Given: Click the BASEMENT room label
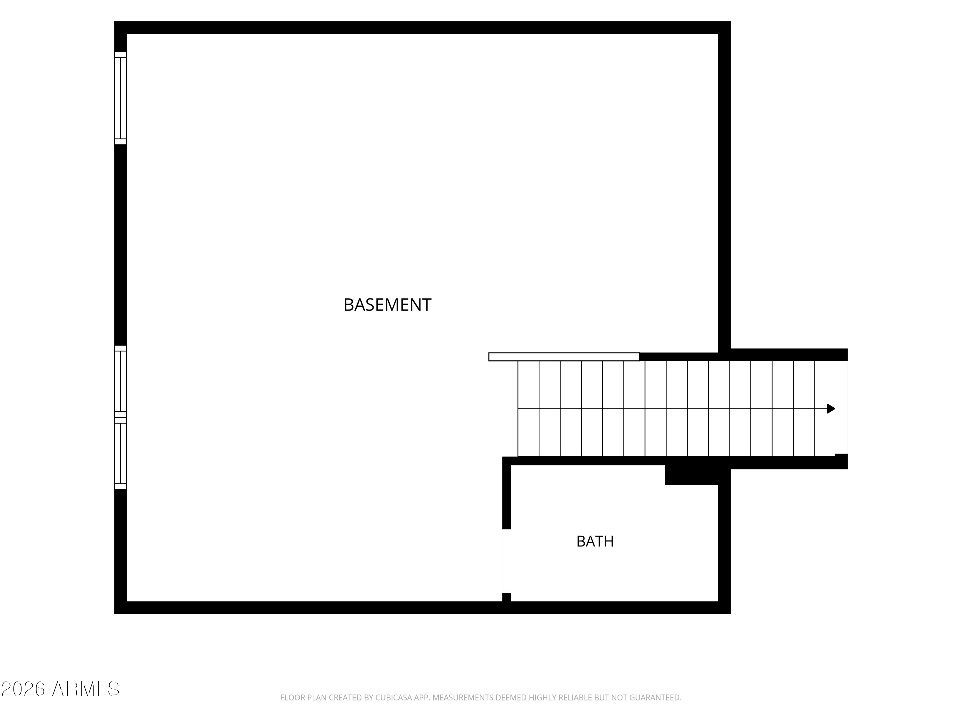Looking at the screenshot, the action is (x=387, y=305).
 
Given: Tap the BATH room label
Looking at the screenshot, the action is (x=595, y=541).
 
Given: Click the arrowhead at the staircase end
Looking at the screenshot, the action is (x=831, y=409).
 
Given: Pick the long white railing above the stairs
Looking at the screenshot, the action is (x=564, y=357).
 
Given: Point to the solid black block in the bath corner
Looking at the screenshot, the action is (x=691, y=475).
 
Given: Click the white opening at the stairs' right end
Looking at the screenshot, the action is (x=841, y=407).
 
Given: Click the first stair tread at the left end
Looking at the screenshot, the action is (x=528, y=409).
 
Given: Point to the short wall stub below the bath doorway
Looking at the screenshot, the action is (x=507, y=597).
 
